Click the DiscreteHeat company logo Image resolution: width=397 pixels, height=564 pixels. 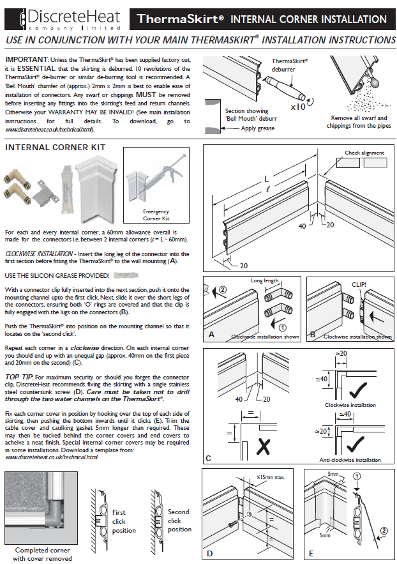pos(64,19)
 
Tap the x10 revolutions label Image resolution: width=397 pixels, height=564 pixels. pos(297,107)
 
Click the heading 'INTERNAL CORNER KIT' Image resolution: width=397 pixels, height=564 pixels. pos(56,147)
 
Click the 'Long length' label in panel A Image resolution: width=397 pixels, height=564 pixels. pos(264,280)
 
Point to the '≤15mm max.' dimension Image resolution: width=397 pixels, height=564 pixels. pos(271,476)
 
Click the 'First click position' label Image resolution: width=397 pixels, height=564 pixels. pos(123,521)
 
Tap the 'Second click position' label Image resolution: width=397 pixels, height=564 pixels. pos(179,521)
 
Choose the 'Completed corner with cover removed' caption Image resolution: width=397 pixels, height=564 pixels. pos(42,554)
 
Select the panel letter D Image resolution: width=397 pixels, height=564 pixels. pos(210,553)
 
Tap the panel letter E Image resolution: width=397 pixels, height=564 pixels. pos(311,553)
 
